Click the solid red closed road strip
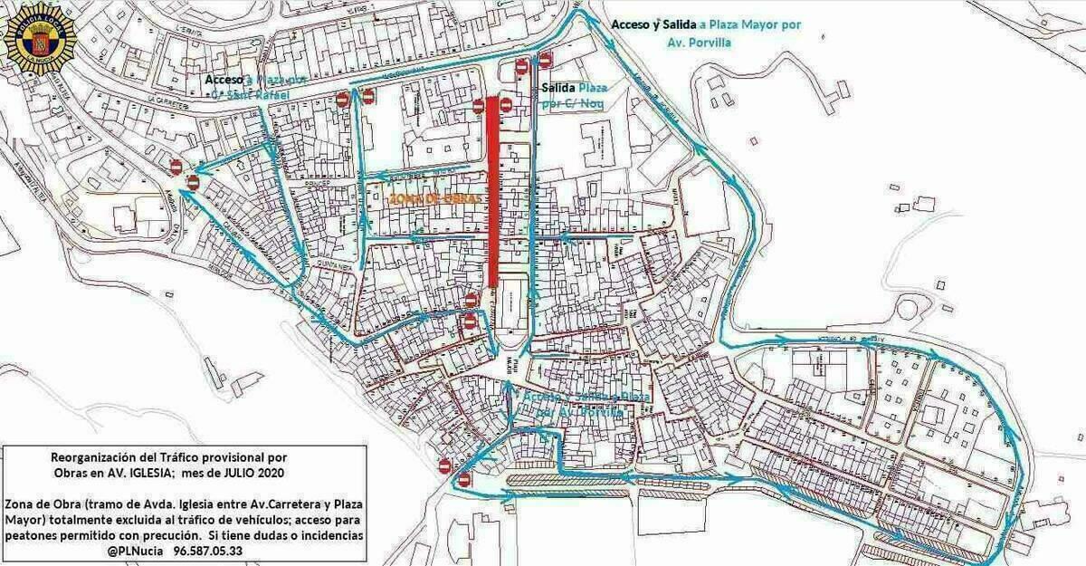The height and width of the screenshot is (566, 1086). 493,190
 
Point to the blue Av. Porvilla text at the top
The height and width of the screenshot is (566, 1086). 696,43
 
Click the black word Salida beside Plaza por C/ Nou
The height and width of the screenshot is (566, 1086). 557,89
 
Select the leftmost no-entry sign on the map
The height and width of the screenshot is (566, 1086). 176,167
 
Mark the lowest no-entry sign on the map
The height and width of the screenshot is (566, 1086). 464,479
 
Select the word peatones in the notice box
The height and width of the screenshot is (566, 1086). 33,535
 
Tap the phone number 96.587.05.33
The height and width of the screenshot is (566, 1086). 207,551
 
